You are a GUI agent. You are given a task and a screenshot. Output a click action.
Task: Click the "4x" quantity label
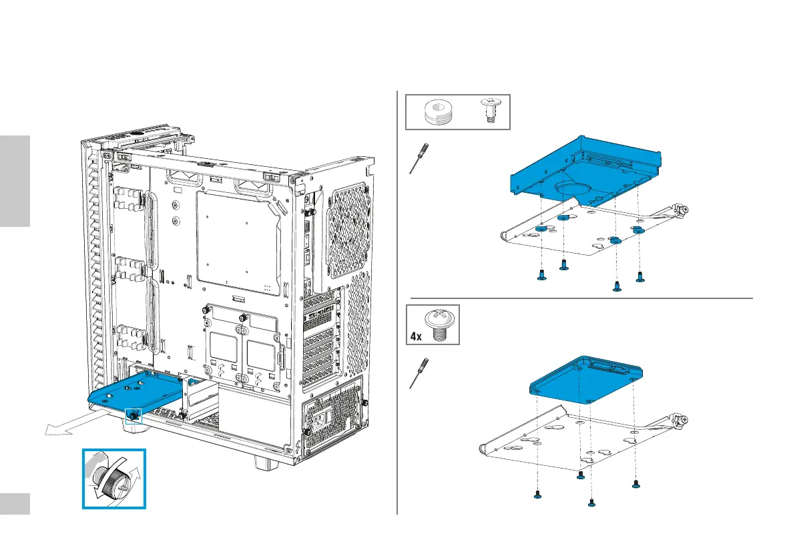point(416,336)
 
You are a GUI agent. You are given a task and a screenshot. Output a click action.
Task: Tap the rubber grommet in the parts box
point(439,112)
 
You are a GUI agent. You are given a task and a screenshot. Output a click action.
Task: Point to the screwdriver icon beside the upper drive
point(419,160)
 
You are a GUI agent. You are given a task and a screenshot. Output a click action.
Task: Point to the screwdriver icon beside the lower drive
point(419,374)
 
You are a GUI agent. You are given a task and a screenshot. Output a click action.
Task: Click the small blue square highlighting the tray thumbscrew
point(134,415)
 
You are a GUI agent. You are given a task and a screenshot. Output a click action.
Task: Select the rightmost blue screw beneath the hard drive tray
point(640,276)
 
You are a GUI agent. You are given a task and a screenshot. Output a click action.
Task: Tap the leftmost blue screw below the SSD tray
point(537,495)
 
